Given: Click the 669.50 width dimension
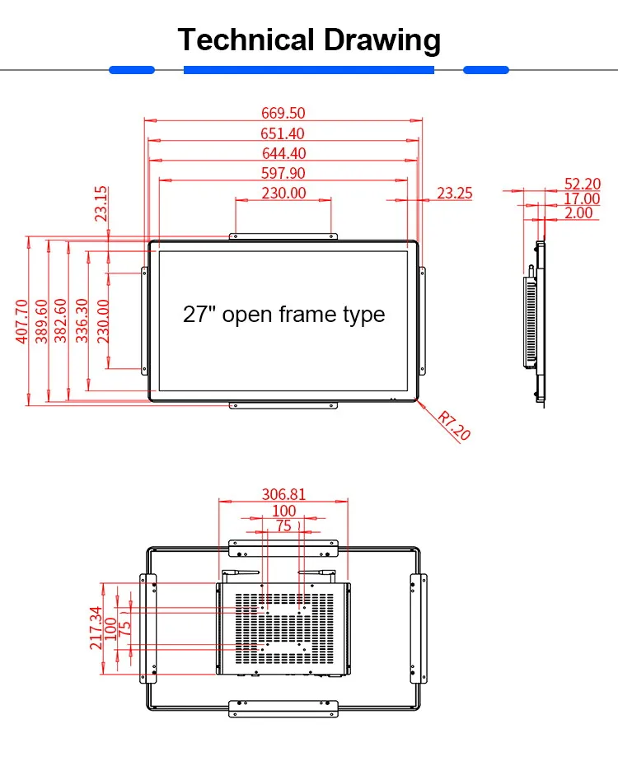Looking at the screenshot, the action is click(x=283, y=113).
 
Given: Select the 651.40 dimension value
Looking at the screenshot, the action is click(x=283, y=133).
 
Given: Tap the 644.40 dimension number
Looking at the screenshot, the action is click(x=283, y=153).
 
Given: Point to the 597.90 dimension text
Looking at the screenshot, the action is click(x=283, y=173).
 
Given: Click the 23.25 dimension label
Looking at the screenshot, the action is click(x=454, y=193).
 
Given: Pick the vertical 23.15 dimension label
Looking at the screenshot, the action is click(x=101, y=203).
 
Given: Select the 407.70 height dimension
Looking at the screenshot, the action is click(x=22, y=321).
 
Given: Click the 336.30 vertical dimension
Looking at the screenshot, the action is click(x=82, y=320).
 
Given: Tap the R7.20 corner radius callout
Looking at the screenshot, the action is click(x=454, y=426).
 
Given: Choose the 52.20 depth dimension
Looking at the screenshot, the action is click(x=583, y=184).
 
